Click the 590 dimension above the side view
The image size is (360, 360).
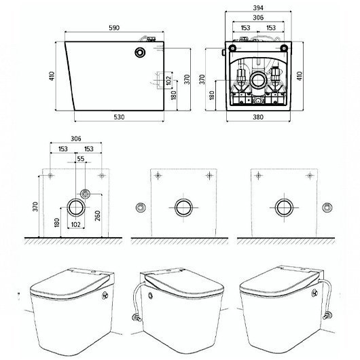pos(114,28)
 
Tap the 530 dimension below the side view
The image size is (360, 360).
pos(119,117)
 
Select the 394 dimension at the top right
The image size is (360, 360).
pos(258,7)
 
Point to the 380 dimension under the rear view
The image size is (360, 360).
pos(258,117)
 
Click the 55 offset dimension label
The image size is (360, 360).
pos(81,159)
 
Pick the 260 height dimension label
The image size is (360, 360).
pos(98,215)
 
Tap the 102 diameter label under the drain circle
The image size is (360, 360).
pos(76,224)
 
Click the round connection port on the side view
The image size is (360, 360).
pos(140,52)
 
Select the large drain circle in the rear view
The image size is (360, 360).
pos(258,81)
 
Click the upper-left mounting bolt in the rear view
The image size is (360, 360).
pos(233,48)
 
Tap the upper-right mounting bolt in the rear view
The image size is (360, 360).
pos(284,48)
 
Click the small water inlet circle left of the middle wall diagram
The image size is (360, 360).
pos(141,208)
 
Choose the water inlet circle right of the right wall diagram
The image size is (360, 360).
pos(327,207)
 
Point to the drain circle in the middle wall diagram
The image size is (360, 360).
pos(183,208)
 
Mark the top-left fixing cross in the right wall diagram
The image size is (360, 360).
pos(259,176)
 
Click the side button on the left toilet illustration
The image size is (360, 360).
pos(105,295)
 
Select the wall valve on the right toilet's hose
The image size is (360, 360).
pos(327,316)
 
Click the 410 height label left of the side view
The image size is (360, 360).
pos(52,76)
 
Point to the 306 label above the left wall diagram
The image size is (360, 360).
pos(76,139)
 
